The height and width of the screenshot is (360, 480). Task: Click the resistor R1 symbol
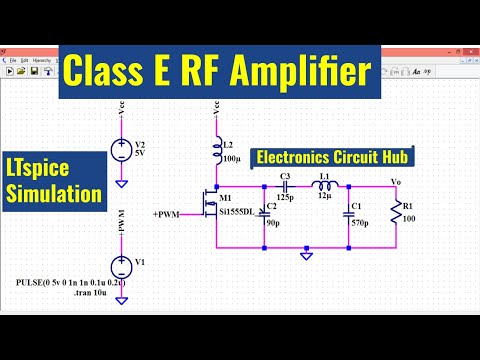click(397, 211)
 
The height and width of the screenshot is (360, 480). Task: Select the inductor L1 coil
click(326, 185)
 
